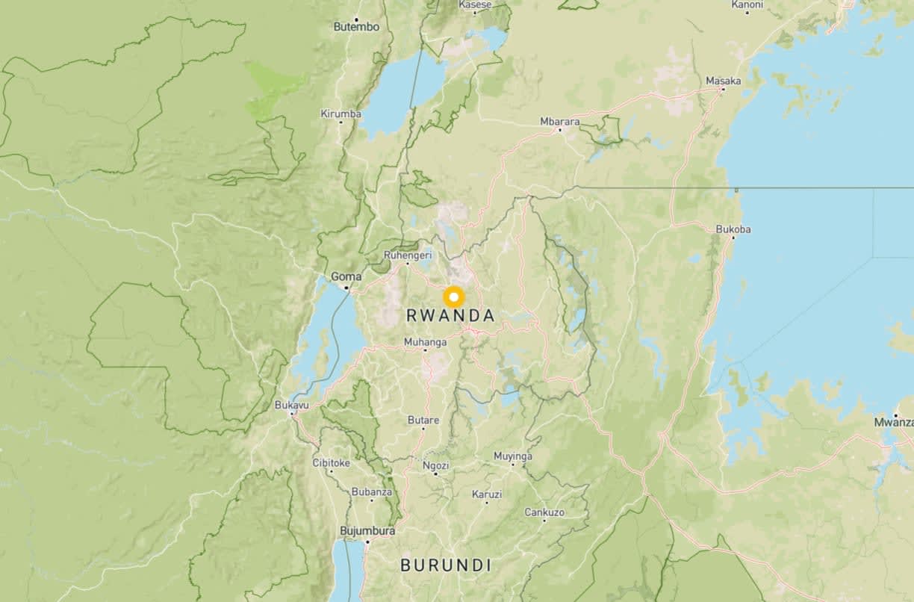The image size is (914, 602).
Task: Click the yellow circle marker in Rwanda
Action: tap(453, 297)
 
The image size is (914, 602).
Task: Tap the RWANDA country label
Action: tap(450, 316)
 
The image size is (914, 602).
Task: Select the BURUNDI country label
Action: tap(446, 565)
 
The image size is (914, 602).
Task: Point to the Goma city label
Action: tap(346, 276)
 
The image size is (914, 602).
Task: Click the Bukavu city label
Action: tap(291, 405)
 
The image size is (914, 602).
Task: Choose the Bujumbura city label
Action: tap(367, 531)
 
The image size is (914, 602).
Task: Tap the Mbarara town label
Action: tap(560, 121)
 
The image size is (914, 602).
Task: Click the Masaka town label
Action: tap(723, 81)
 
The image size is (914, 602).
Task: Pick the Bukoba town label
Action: tap(733, 229)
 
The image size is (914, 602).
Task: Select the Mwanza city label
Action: tap(894, 423)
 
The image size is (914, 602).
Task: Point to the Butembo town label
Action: tap(356, 27)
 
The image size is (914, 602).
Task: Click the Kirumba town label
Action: tap(341, 114)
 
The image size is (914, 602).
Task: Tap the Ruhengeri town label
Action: tap(408, 255)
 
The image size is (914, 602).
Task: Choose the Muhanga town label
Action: tap(425, 342)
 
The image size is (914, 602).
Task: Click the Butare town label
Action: tap(423, 420)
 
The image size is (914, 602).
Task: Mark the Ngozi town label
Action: tap(435, 465)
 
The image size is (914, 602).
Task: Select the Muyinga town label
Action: tap(513, 456)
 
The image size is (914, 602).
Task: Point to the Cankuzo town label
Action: tap(544, 512)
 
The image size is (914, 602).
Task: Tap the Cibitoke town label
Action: tap(331, 462)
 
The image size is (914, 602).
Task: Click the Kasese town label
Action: tap(475, 4)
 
